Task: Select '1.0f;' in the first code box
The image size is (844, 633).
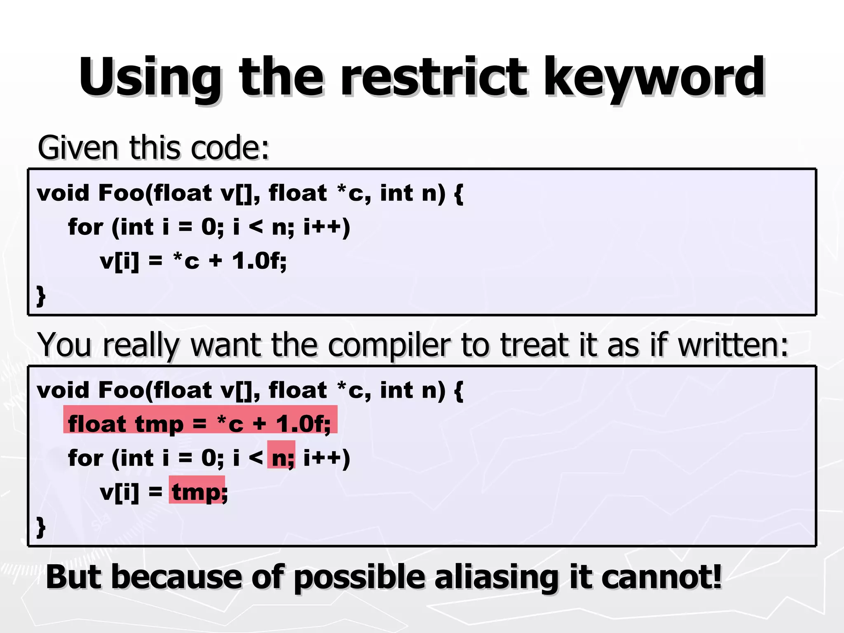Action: (259, 261)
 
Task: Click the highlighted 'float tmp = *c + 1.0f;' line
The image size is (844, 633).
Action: (200, 424)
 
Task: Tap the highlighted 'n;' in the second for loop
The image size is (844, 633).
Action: (282, 458)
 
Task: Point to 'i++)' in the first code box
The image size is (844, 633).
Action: (326, 227)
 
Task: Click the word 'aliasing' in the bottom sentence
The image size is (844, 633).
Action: (496, 577)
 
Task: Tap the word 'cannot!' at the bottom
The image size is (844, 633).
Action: (661, 577)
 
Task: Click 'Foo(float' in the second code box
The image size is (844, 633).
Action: (155, 390)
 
